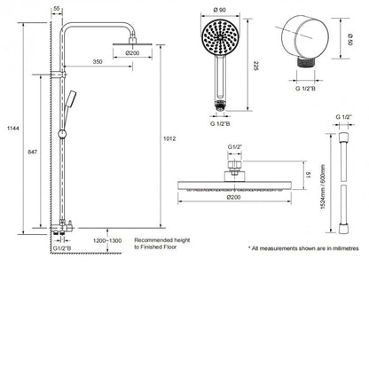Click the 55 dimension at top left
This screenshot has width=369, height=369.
click(58, 6)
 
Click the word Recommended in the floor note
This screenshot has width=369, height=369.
click(155, 240)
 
